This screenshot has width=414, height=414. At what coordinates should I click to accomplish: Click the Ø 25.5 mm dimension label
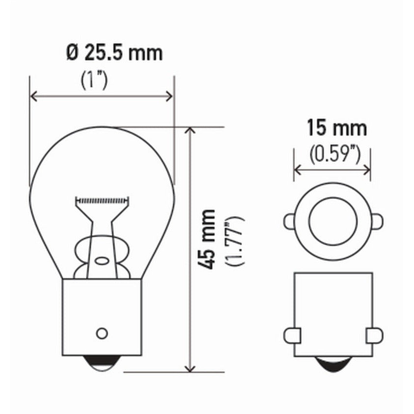114,53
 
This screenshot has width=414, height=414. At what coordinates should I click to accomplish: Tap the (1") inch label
94,80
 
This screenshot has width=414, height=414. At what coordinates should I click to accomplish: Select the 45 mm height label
209,239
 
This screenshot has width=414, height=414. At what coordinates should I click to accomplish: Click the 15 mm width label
336,128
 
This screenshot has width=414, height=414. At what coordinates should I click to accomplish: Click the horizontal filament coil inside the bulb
102,200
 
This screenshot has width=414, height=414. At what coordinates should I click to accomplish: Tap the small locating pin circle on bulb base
102,333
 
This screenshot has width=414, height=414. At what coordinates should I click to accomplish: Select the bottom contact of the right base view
333,364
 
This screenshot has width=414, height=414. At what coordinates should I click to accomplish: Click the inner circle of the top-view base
332,221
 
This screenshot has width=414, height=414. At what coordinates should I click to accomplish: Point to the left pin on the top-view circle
289,221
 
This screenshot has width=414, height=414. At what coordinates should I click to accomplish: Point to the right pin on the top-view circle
377,221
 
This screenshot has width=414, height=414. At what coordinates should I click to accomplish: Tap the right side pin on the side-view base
375,335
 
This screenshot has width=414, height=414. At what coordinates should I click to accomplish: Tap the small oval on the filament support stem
102,260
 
